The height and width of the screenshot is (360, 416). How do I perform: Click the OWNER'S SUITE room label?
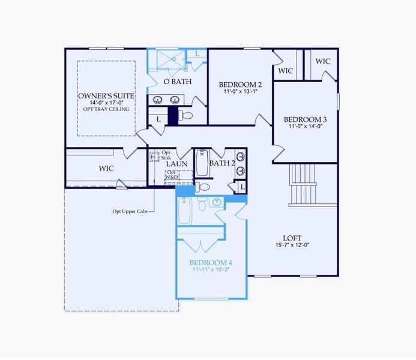[106, 96]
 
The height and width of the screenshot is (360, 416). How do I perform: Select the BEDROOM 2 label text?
[240, 85]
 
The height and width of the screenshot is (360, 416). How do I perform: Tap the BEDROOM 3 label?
[306, 119]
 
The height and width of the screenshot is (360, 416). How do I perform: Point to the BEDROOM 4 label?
[211, 263]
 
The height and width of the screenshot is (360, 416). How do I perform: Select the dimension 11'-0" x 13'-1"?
[240, 92]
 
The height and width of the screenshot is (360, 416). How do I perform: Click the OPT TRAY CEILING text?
[106, 109]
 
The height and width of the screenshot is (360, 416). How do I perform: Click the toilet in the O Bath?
[187, 115]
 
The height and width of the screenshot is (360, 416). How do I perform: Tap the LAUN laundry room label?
[176, 163]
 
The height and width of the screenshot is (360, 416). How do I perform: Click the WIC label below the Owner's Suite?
[106, 169]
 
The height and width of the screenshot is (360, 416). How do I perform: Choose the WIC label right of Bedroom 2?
[286, 71]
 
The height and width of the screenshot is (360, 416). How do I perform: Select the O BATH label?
[178, 82]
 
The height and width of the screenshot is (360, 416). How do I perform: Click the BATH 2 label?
[222, 163]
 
